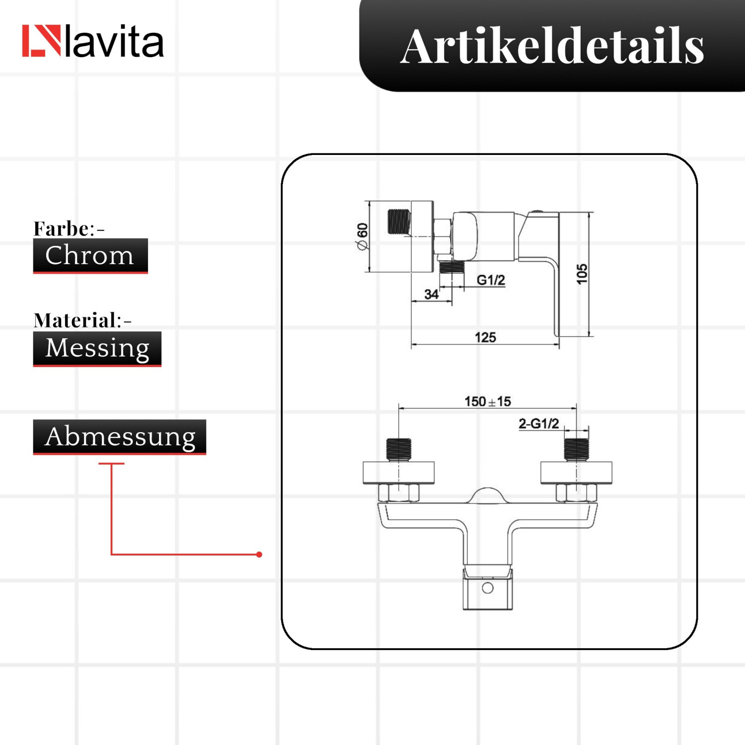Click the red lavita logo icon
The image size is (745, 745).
click(41, 41)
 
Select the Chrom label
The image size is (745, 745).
click(90, 256)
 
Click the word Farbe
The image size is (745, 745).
click(61, 228)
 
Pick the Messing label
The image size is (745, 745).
click(97, 349)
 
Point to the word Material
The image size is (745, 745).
click(74, 320)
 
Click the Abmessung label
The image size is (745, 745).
click(120, 437)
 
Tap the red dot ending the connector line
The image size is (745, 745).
click(259, 554)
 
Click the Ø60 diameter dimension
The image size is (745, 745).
click(362, 237)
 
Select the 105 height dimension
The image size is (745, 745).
click(582, 274)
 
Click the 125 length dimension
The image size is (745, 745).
click(485, 338)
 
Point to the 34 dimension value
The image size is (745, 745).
click(431, 295)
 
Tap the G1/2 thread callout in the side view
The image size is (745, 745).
click(491, 280)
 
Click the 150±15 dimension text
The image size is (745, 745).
click(488, 401)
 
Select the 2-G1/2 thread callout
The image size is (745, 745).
click(539, 424)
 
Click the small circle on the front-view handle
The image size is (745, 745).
click(488, 588)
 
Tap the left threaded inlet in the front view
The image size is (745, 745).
click(399, 449)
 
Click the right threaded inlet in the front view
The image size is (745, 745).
click(576, 449)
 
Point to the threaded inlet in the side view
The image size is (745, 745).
click(399, 222)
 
